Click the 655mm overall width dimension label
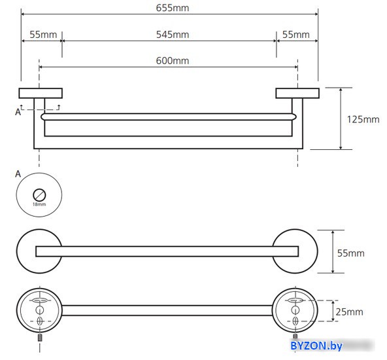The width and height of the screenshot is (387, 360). [173, 8]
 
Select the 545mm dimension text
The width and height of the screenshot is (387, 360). [173, 35]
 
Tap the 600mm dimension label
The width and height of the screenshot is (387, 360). [173, 61]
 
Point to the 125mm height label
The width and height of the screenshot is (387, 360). [363, 120]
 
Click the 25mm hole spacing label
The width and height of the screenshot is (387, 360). [349, 312]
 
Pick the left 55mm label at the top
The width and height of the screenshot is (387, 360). [43, 35]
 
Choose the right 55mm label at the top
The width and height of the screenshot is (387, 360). [296, 35]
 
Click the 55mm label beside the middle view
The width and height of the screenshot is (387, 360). [350, 253]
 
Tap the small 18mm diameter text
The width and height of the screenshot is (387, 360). [39, 204]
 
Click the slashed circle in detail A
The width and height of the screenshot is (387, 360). [39, 195]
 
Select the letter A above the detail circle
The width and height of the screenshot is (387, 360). [18, 174]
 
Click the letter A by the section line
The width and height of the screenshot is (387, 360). [18, 112]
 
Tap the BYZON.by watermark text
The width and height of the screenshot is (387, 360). [316, 346]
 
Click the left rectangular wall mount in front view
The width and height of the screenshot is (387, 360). [41, 93]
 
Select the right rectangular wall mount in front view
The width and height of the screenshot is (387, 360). [297, 93]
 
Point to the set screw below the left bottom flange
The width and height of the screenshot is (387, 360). [40, 338]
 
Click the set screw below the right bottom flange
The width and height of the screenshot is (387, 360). [295, 336]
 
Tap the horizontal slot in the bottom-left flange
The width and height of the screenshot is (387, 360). [39, 300]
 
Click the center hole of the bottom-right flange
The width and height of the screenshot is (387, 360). [295, 310]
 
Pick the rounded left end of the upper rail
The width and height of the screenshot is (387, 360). [44, 117]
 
